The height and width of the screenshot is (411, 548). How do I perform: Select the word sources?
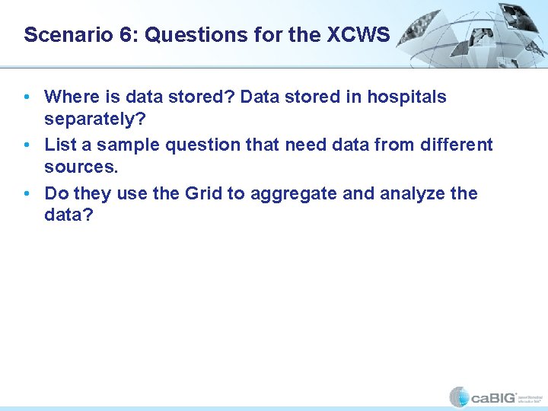(x=81, y=167)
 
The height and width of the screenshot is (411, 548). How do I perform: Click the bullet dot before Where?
(x=27, y=97)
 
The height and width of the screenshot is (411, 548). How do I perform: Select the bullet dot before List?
(x=27, y=145)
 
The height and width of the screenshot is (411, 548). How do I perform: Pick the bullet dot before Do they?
(x=27, y=193)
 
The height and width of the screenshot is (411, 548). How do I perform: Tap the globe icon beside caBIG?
(x=459, y=397)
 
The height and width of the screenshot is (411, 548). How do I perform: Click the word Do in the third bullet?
(x=56, y=193)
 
